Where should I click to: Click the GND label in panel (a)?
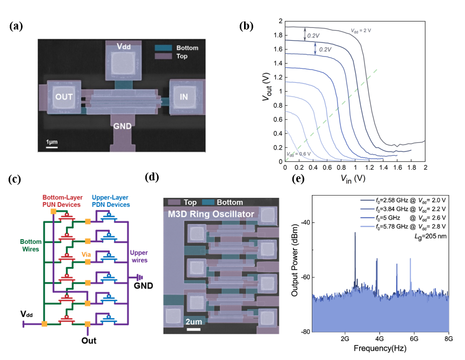pyautogui.click(x=123, y=126)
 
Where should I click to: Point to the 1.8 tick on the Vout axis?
pyautogui.click(x=278, y=35)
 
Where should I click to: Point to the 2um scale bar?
pyautogui.click(x=194, y=329)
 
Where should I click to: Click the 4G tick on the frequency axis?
pyautogui.click(x=379, y=340)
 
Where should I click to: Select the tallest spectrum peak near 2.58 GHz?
pyautogui.click(x=355, y=233)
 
